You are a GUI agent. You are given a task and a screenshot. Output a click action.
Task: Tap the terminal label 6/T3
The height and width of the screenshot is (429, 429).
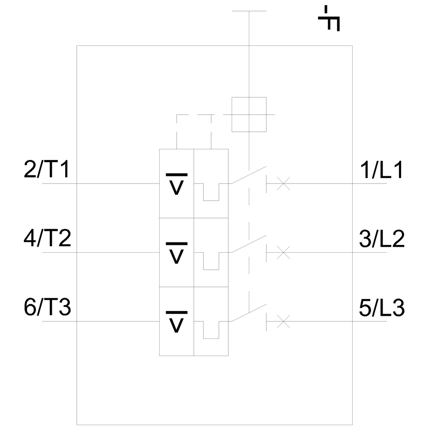pyautogui.click(x=47, y=308)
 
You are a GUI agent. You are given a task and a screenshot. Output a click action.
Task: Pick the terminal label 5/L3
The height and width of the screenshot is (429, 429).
pyautogui.click(x=381, y=308)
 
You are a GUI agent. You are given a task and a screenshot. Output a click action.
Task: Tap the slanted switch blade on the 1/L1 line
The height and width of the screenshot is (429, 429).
pyautogui.click(x=248, y=175)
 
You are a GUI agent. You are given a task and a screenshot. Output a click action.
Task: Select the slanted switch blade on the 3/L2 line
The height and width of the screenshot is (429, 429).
pyautogui.click(x=248, y=244)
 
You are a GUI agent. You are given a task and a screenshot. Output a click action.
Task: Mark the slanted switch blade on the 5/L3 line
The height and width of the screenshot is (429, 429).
pyautogui.click(x=248, y=312)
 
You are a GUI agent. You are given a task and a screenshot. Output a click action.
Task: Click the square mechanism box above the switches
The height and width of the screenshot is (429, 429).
pyautogui.click(x=249, y=114)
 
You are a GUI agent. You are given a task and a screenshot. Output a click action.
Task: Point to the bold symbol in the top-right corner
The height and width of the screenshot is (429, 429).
pyautogui.click(x=331, y=19)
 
